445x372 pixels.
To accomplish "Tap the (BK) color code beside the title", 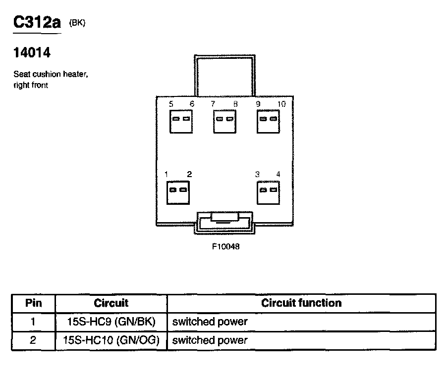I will (77, 23).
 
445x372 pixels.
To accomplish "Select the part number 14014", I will (32, 52).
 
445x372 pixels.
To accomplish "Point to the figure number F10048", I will (225, 246).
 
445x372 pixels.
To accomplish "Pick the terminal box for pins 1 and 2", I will (178, 192).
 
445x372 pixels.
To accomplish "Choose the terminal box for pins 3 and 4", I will (268, 192).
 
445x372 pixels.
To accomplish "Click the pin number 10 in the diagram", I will (281, 104).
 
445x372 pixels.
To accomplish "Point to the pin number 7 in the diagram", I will (213, 104).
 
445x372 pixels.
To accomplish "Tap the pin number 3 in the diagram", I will (257, 174).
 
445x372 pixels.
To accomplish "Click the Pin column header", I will (33, 303).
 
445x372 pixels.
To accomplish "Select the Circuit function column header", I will (301, 303).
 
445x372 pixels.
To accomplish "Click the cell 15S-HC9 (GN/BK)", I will (111, 322).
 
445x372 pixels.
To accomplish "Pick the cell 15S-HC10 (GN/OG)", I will (111, 340).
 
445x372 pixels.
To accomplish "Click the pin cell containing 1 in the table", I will (33, 322).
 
